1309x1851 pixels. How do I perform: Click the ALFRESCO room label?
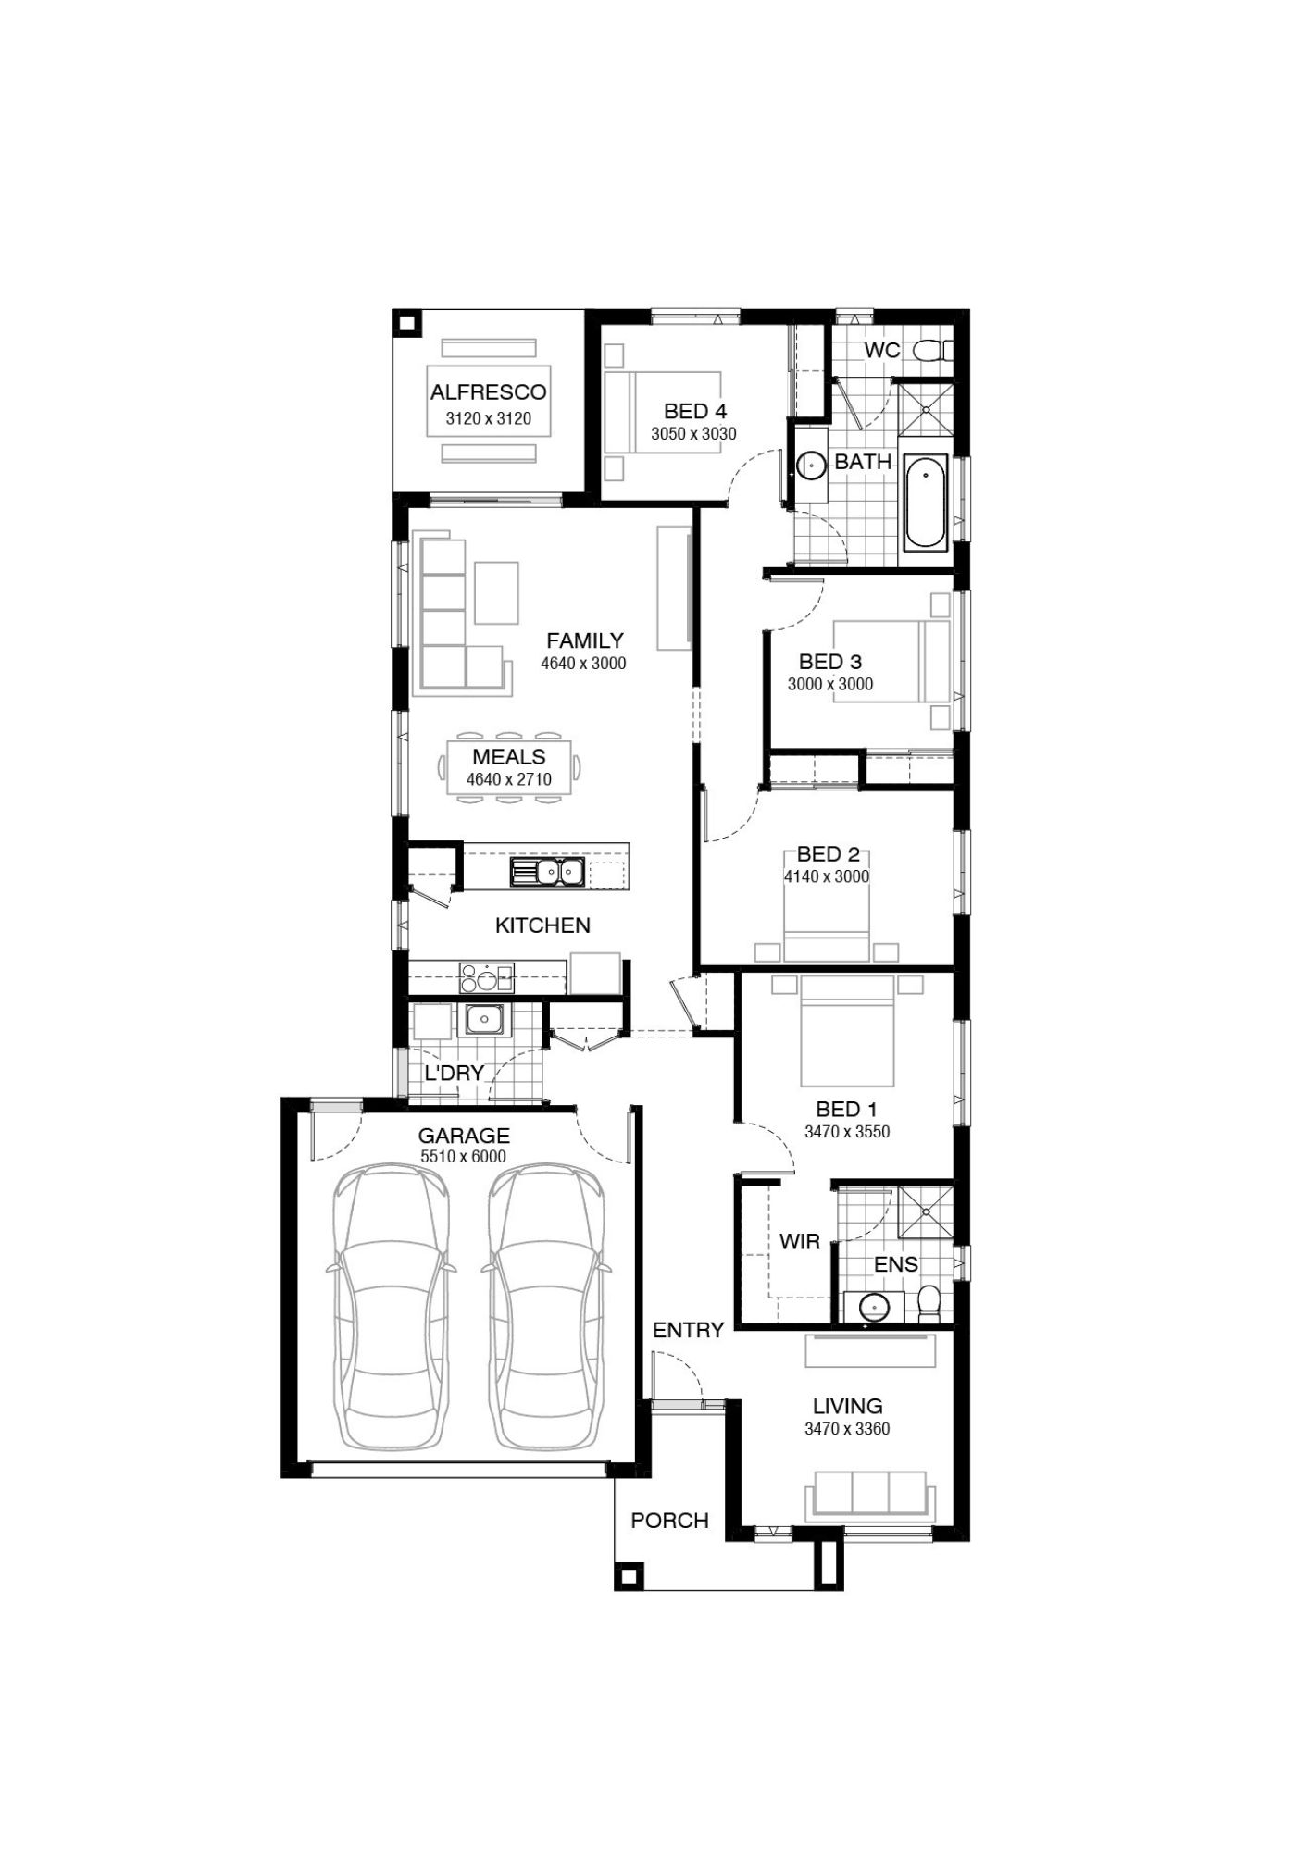coord(488,392)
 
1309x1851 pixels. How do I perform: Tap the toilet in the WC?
coord(930,350)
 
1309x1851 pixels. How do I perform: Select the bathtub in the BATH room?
coord(925,503)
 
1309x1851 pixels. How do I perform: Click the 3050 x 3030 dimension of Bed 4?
coord(693,433)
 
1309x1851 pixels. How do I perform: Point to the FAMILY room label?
coord(584,640)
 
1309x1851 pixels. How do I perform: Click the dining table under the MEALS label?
coord(509,766)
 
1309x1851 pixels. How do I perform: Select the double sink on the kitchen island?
coord(546,871)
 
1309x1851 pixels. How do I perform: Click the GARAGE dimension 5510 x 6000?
coord(463,1157)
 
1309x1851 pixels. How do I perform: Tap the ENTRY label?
coord(688,1330)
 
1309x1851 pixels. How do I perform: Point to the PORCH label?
coord(669,1520)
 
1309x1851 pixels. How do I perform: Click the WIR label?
coord(799,1241)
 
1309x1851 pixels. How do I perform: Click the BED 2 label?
coord(829,854)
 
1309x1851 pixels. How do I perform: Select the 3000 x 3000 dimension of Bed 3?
coord(830,684)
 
